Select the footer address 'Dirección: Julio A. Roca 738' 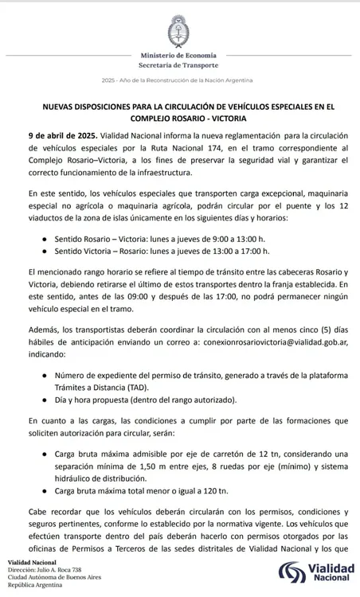pos(44,571)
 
